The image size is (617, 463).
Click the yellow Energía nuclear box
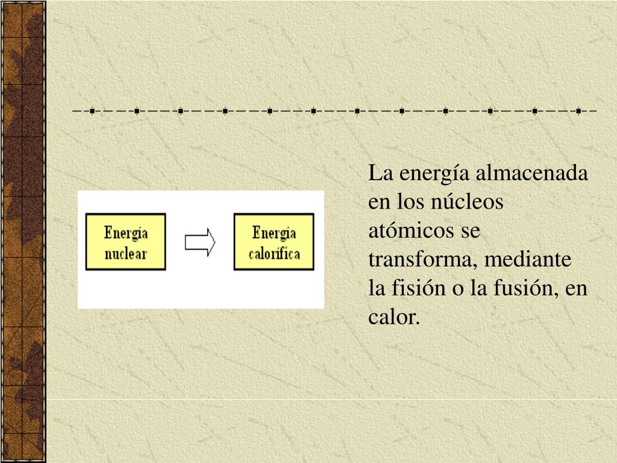click(125, 241)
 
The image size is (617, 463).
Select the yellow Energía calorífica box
click(274, 241)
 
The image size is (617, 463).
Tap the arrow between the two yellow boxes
click(200, 242)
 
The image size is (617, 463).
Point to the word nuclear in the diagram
click(125, 254)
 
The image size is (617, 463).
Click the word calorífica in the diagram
click(274, 253)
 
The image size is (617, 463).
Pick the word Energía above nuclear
click(125, 233)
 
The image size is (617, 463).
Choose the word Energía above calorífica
click(274, 233)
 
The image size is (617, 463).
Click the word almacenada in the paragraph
click(532, 174)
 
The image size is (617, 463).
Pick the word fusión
click(528, 289)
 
